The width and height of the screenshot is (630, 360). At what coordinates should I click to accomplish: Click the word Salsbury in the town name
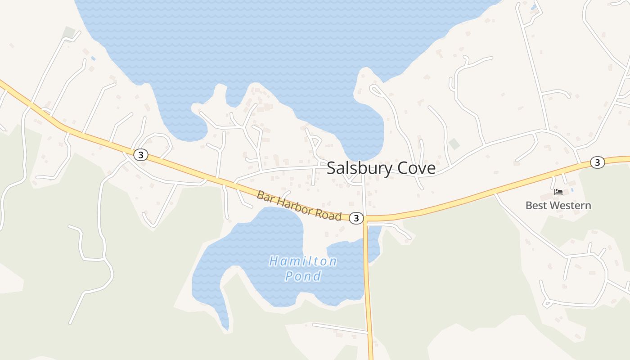pyautogui.click(x=360, y=168)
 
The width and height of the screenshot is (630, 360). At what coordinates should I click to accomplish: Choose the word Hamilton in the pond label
pyautogui.click(x=303, y=261)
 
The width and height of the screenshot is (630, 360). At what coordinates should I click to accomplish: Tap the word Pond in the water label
pyautogui.click(x=303, y=276)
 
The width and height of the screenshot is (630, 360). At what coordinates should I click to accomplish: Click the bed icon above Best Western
pyautogui.click(x=558, y=192)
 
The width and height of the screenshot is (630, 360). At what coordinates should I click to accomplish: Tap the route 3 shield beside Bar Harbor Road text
pyautogui.click(x=356, y=218)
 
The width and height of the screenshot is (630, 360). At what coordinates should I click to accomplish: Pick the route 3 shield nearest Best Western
pyautogui.click(x=597, y=162)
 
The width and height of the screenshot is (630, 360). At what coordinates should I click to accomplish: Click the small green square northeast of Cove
pyautogui.click(x=454, y=144)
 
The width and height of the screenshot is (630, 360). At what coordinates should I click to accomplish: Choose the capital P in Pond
pyautogui.click(x=289, y=276)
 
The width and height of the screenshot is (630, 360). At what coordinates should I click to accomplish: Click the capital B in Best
pyautogui.click(x=529, y=206)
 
